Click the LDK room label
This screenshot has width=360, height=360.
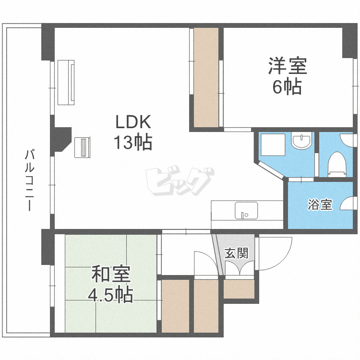click(133, 122)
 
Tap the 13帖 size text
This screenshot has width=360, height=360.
click(133, 142)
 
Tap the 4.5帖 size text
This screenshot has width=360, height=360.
click(110, 295)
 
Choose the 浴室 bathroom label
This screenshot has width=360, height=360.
click(320, 205)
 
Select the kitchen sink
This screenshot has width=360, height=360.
click(246, 210)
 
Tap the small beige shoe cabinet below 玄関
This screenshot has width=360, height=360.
click(239, 289)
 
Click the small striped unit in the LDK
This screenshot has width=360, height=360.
click(83, 147)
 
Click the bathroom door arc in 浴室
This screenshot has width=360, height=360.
click(348, 204)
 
